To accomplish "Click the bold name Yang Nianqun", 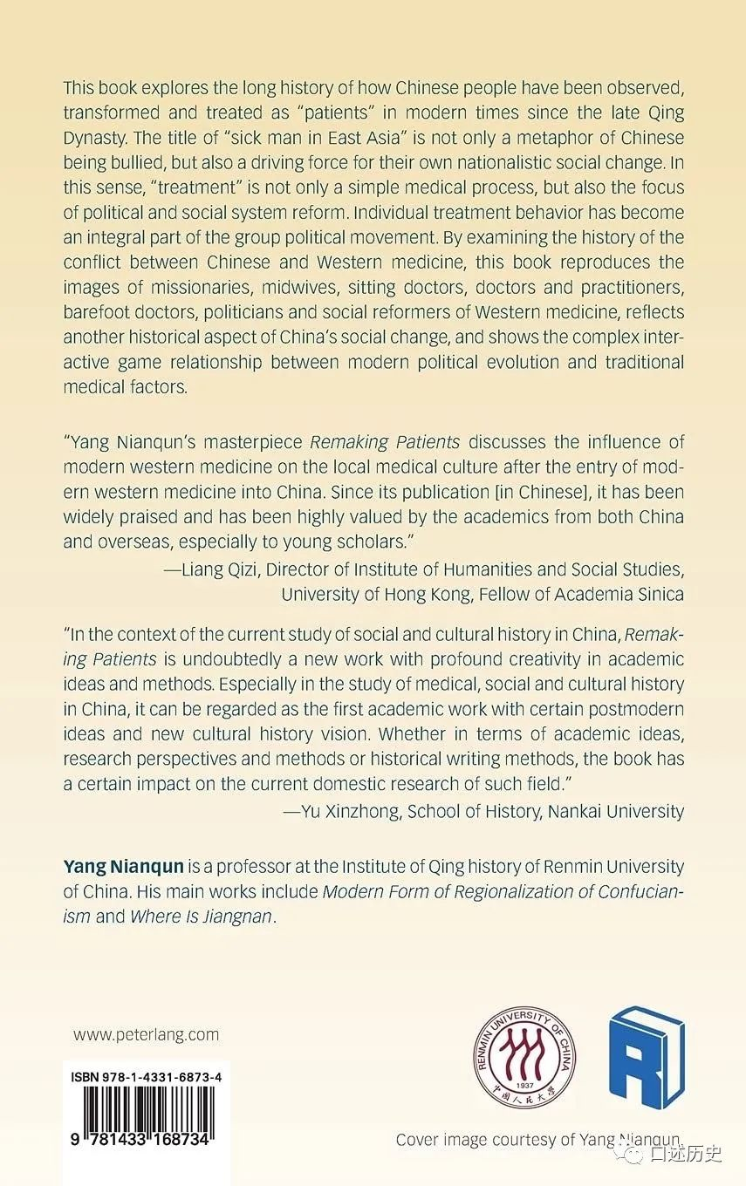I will pyautogui.click(x=122, y=867).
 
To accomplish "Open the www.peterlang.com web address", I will pyautogui.click(x=146, y=1035).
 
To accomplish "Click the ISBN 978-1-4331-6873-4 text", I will pyautogui.click(x=146, y=1078).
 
